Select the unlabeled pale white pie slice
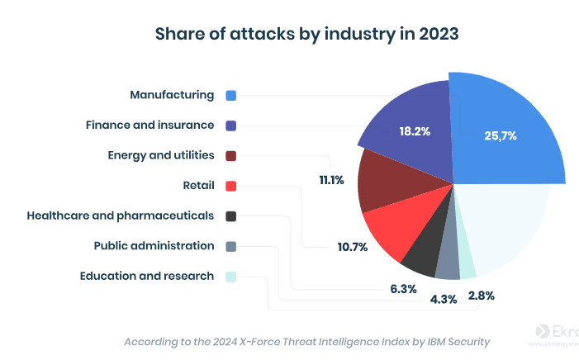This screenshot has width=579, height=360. (512, 223)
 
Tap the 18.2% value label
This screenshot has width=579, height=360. (415, 131)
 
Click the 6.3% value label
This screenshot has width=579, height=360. (403, 288)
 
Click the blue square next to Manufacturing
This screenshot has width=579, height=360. (231, 96)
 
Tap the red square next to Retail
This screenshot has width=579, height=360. (231, 186)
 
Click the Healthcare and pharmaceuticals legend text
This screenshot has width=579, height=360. (121, 216)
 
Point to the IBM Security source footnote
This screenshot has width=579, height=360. (306, 341)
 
